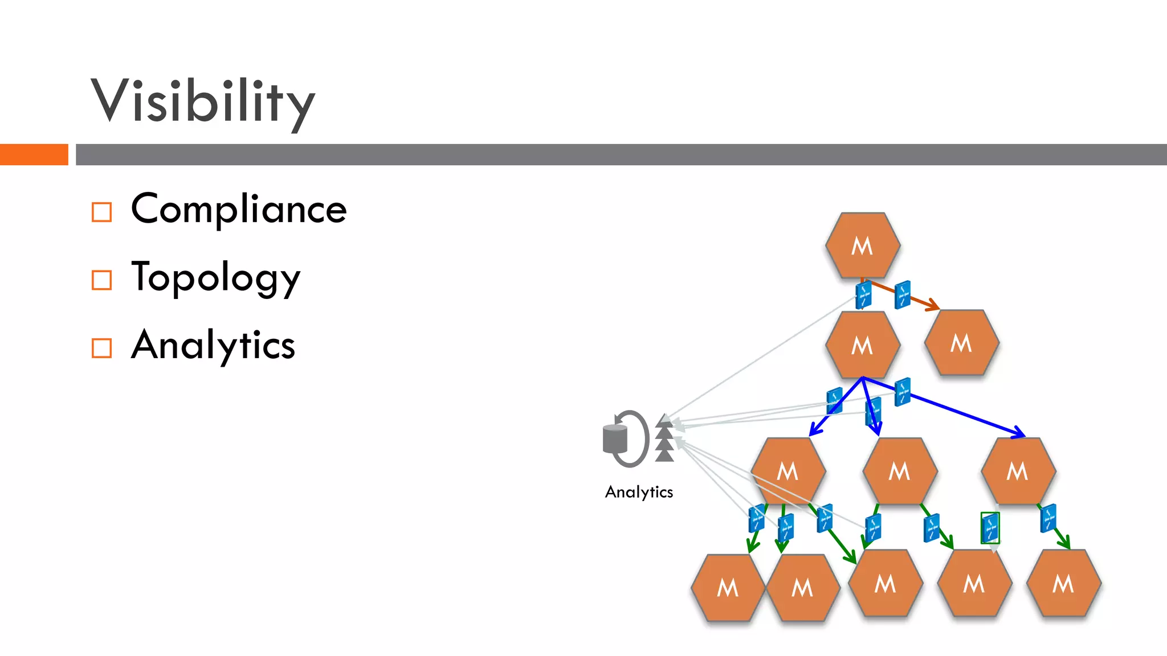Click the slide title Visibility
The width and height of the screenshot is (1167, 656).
tap(202, 101)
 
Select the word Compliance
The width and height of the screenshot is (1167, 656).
tap(239, 209)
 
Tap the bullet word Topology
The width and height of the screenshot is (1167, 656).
tap(215, 277)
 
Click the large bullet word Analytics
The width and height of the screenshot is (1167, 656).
tap(213, 345)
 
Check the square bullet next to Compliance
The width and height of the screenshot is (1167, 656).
tap(101, 212)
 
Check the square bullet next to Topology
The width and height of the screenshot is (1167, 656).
tap(101, 280)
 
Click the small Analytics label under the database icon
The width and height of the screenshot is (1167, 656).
tap(639, 492)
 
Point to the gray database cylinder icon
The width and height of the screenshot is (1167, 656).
tap(615, 439)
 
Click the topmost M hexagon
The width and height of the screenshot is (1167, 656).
tap(863, 245)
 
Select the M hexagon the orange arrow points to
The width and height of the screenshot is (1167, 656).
tap(961, 343)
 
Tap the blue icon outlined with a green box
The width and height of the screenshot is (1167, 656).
tap(990, 528)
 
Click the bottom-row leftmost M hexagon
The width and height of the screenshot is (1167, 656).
tap(728, 587)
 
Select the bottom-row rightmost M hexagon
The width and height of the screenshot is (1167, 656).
tap(1063, 583)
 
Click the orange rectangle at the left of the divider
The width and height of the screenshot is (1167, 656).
tap(34, 154)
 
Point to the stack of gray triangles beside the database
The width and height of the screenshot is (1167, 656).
tap(664, 438)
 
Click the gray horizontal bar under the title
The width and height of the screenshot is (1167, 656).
tap(621, 154)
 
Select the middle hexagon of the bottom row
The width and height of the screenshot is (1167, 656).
tap(885, 583)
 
